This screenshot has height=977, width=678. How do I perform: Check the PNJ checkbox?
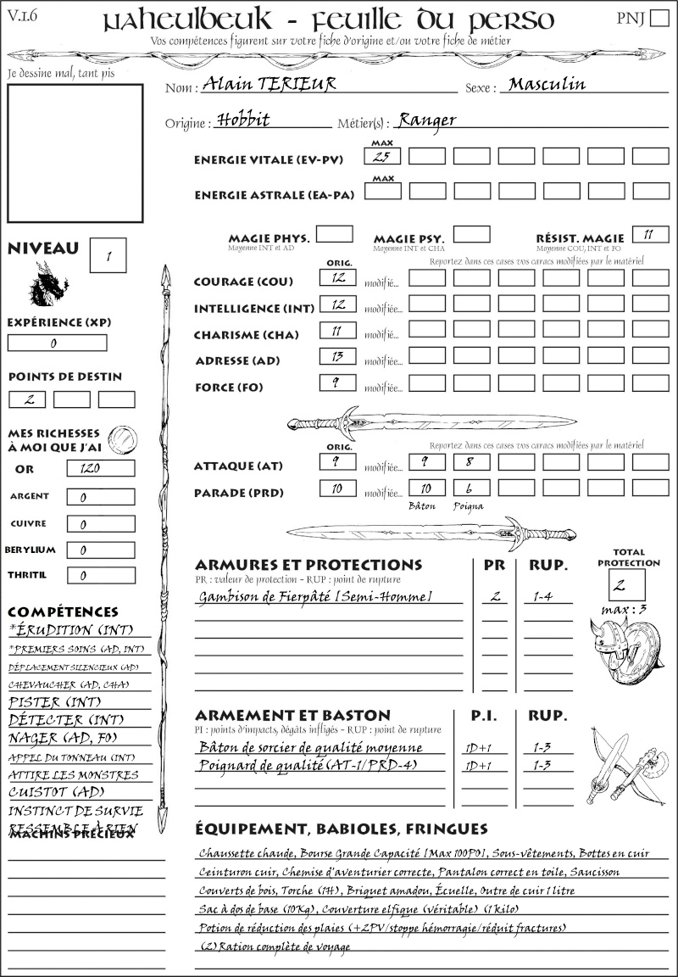pos(658,19)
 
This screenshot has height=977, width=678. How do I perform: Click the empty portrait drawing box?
pos(75,152)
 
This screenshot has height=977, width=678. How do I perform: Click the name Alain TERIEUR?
pos(264,84)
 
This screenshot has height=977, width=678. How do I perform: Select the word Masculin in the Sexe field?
pos(547,84)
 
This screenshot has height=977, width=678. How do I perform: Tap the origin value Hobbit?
pos(243,120)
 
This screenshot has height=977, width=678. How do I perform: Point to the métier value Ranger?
pos(427,120)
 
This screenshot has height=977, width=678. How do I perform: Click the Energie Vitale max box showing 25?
pos(381,156)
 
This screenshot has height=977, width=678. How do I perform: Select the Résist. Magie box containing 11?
pos(650,234)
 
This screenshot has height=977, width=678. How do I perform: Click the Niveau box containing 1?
pos(110,254)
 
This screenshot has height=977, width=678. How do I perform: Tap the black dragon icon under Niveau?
pos(49,283)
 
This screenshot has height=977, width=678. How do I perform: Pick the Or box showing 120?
pos(100,468)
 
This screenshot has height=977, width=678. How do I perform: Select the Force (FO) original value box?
pos(337,383)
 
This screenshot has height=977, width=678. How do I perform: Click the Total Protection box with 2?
pos(627,584)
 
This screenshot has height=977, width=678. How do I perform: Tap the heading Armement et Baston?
pos(292,715)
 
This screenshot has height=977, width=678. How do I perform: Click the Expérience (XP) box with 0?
pos(58,343)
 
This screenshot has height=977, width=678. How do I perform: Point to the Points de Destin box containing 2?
pos(27,399)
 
